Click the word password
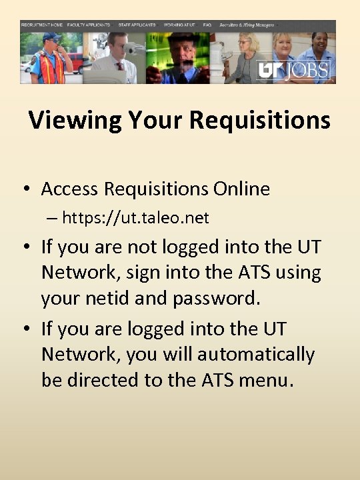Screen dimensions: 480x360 point(216,299)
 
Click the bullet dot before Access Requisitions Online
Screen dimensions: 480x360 point(25,190)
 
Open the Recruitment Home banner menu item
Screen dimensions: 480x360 point(42,25)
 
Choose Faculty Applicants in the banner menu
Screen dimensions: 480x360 point(89,25)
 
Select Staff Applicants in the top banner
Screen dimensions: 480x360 point(137,25)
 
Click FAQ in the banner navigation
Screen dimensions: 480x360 point(207,25)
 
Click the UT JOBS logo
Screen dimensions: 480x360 point(295,70)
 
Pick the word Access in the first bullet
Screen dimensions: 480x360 point(70,189)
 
